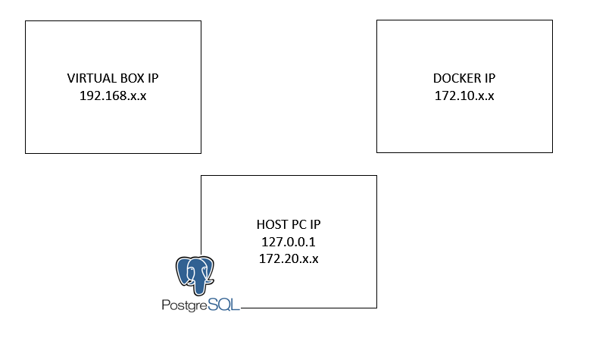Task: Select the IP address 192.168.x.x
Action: tap(113, 97)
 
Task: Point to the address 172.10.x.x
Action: tap(464, 97)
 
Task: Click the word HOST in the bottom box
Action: tap(270, 225)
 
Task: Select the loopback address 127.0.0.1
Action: tap(289, 242)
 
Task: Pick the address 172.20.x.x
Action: tap(289, 258)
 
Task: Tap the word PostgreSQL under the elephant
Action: tap(200, 306)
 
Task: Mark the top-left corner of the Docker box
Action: tap(377, 21)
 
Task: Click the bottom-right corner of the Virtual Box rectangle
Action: tap(201, 152)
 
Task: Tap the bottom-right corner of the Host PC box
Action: tap(376, 308)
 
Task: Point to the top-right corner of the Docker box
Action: tap(553, 21)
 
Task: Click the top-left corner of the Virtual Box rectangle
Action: tap(26, 21)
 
